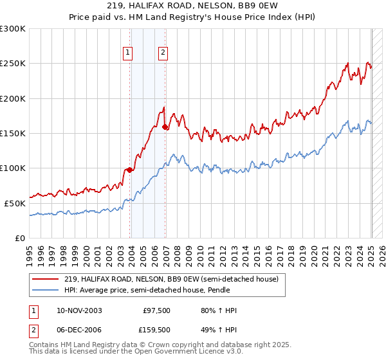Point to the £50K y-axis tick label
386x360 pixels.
(15, 203)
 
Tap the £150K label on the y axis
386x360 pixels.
(13, 134)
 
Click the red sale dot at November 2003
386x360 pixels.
(129, 170)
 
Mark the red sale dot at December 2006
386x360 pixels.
(165, 127)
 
